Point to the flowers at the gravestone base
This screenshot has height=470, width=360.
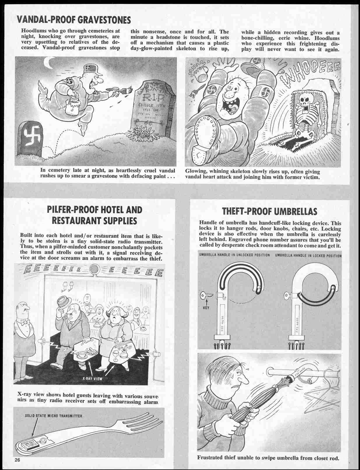141,133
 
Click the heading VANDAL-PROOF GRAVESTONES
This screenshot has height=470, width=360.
73,20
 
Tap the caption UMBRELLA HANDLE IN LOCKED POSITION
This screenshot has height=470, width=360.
308,255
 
